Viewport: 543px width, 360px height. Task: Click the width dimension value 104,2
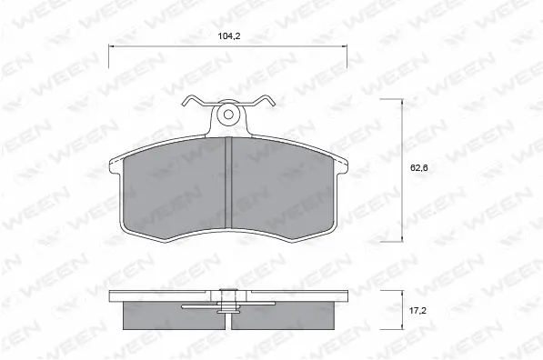(x=227, y=36)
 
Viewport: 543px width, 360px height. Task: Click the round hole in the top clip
(x=229, y=115)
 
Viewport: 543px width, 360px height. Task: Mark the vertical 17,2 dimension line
(x=403, y=310)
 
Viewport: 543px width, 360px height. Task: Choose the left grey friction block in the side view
(x=172, y=315)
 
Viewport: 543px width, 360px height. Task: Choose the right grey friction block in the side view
(x=287, y=315)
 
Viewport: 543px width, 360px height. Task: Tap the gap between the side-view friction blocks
(x=229, y=318)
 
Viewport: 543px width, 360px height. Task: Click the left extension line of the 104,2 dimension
(x=109, y=56)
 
